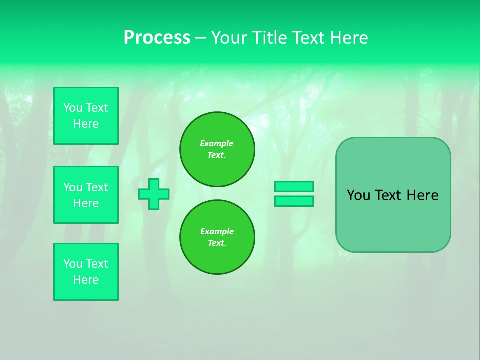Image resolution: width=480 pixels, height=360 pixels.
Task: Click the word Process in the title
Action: tap(157, 38)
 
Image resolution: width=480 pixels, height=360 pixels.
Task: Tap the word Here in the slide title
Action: tap(348, 38)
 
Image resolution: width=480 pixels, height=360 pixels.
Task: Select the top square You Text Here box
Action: tap(86, 116)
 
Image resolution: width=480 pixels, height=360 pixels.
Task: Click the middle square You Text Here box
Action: tap(86, 195)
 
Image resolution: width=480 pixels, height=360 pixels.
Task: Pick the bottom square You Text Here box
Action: tap(86, 272)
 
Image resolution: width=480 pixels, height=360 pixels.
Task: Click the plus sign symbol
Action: tap(154, 194)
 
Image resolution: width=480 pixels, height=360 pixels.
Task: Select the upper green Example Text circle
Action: tap(217, 149)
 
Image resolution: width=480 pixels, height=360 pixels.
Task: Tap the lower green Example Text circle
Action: tap(217, 237)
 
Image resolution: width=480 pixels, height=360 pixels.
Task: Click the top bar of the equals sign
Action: tap(294, 186)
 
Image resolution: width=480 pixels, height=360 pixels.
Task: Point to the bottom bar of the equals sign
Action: tap(294, 201)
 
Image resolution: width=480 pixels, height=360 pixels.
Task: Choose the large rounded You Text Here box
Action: tap(393, 195)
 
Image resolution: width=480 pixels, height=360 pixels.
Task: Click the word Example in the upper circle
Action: tap(217, 143)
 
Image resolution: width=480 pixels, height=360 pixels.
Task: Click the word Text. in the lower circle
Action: tap(217, 243)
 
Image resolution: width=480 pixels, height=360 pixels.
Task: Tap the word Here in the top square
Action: tap(86, 124)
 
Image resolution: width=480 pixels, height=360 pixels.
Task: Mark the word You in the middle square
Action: tap(72, 187)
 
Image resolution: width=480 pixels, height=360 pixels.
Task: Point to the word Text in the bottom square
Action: tap(96, 264)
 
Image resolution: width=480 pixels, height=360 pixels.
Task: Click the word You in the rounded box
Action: tap(358, 195)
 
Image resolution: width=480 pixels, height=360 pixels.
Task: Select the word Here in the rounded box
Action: tap(422, 195)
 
